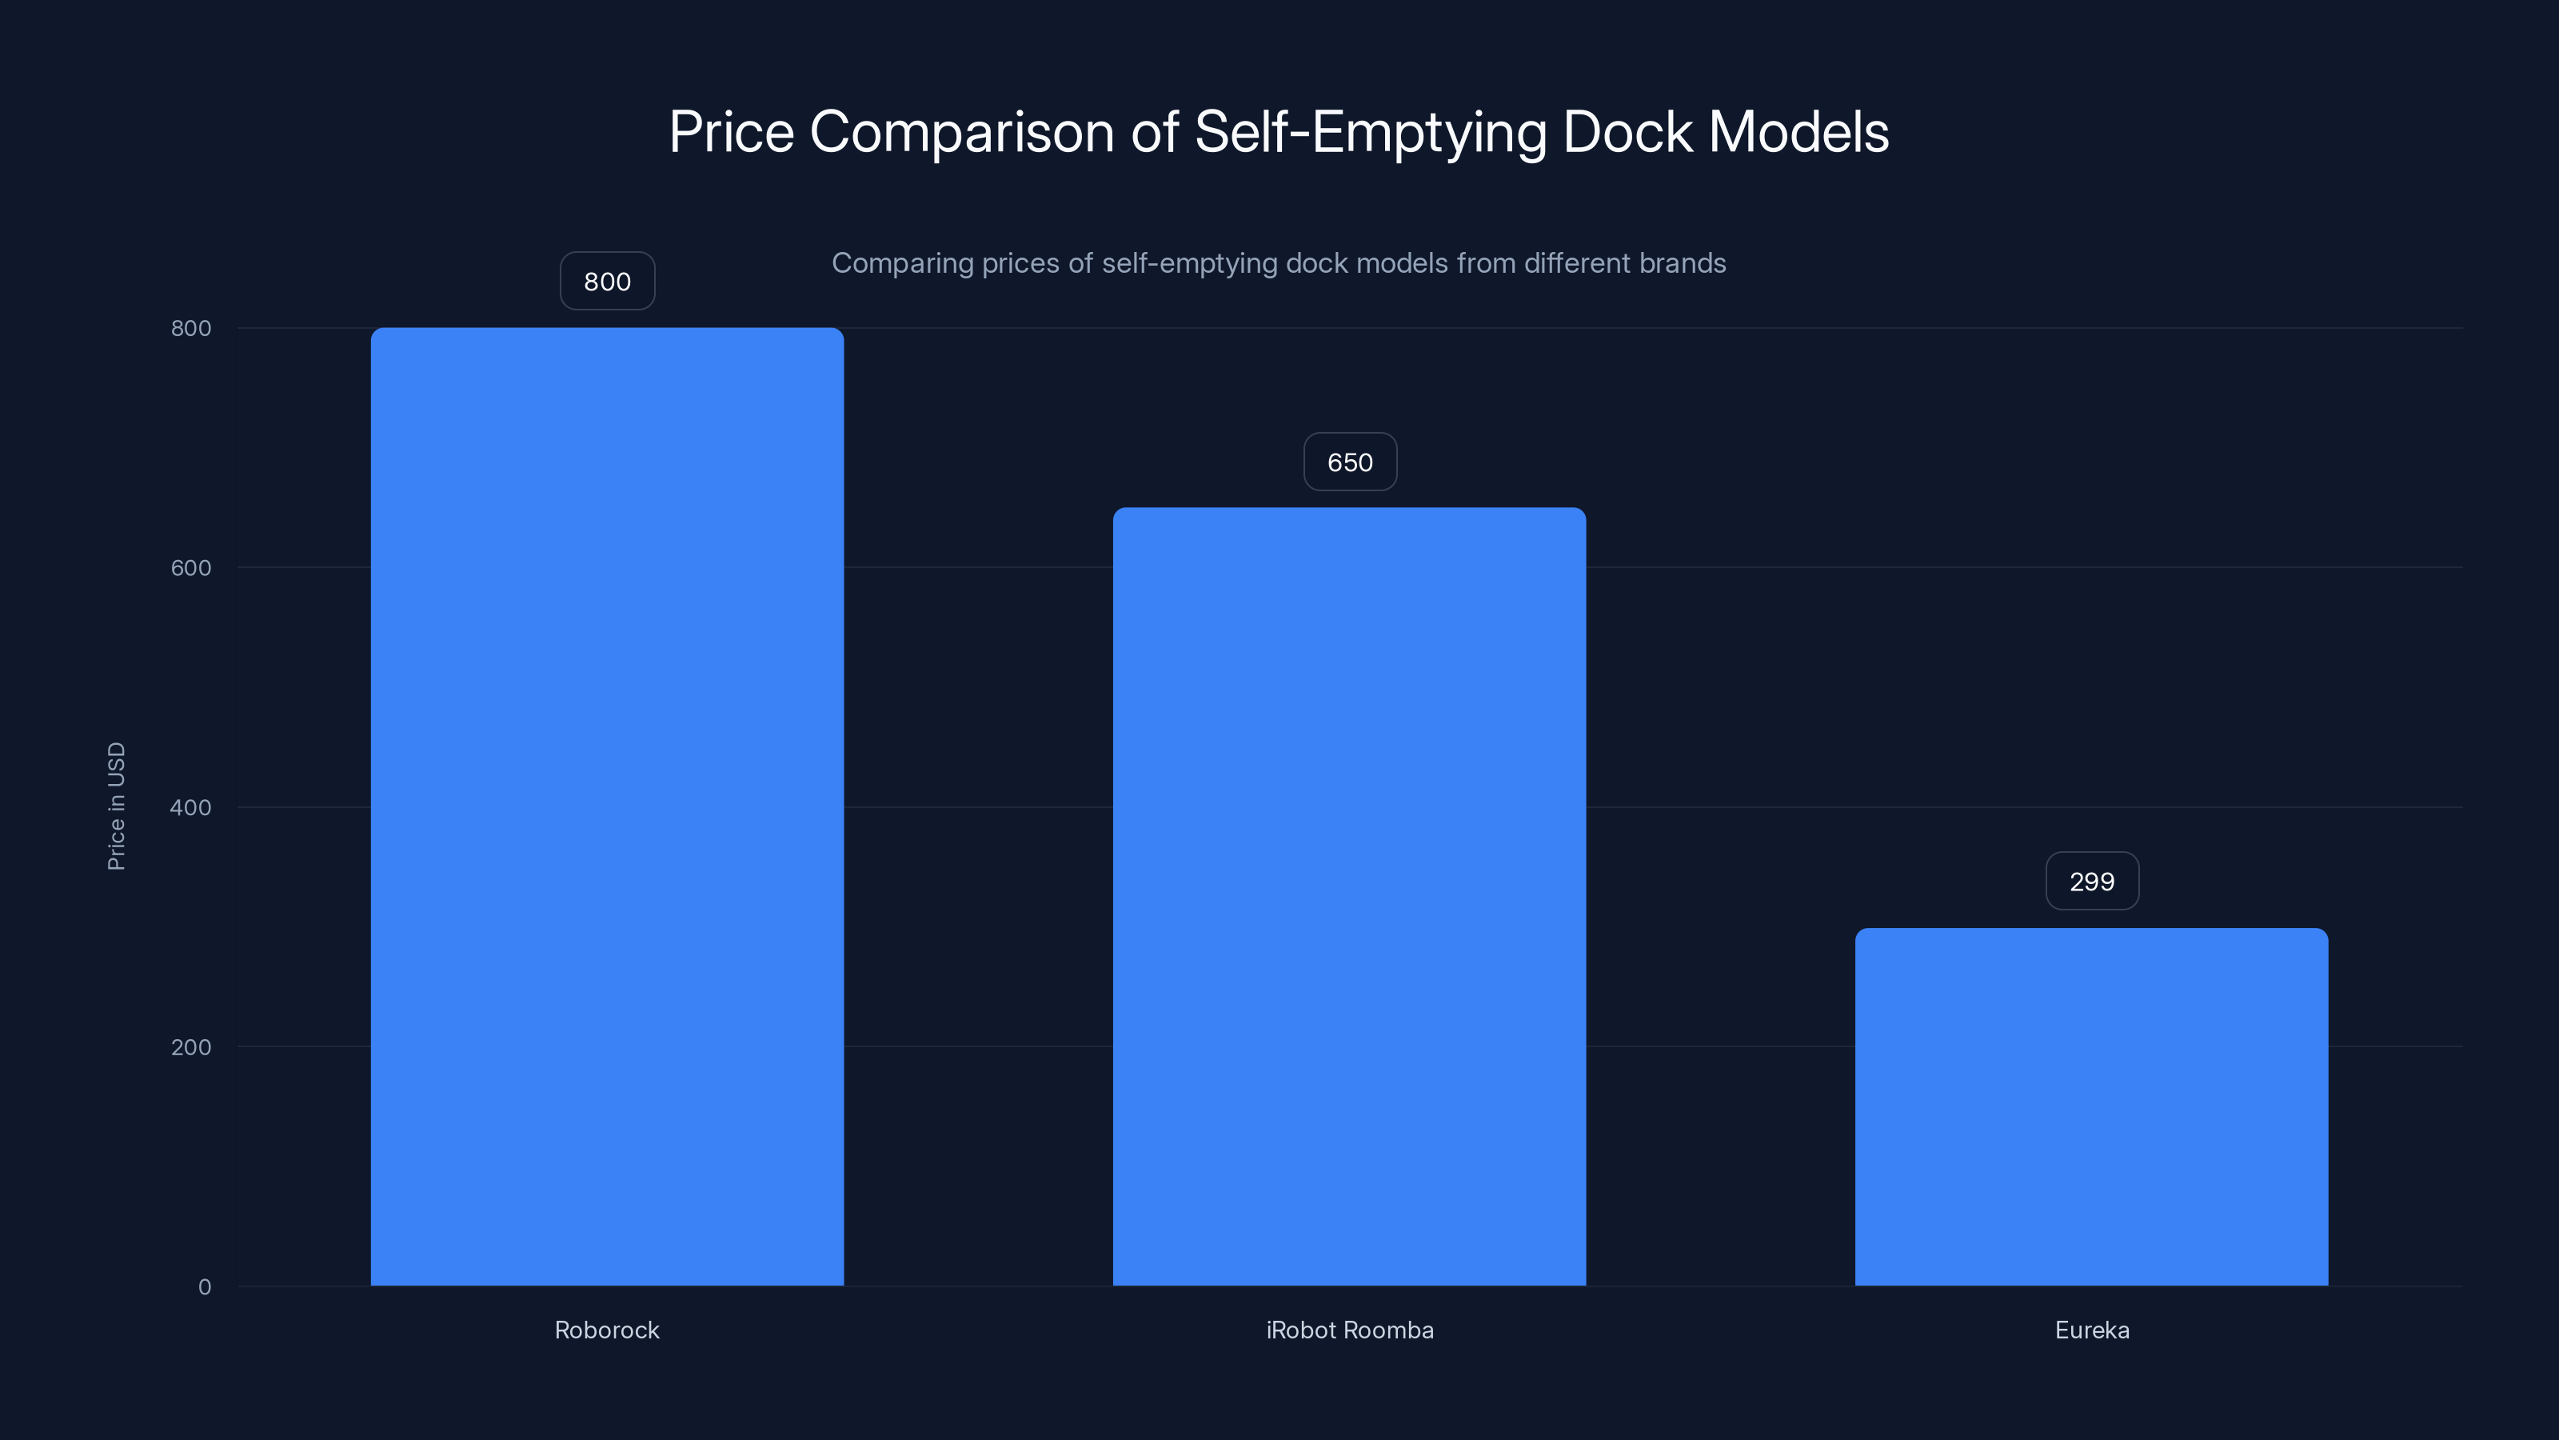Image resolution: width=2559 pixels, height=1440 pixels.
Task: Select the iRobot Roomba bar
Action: click(1349, 896)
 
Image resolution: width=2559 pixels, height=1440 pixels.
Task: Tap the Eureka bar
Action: click(2091, 1106)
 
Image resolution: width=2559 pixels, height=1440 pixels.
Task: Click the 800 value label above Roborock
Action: click(607, 282)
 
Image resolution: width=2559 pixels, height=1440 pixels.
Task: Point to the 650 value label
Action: click(1350, 462)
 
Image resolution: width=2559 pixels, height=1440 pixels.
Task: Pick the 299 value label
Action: click(2092, 882)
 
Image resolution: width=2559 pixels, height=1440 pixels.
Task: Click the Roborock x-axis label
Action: click(607, 1330)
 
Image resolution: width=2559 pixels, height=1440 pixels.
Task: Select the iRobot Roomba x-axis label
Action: click(1350, 1330)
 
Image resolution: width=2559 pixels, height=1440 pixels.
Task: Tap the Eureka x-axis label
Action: click(2092, 1330)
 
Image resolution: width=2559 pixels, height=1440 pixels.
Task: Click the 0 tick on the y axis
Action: click(205, 1287)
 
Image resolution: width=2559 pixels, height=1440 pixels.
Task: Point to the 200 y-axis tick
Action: click(191, 1046)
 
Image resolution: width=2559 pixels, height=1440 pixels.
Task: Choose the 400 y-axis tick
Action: click(191, 807)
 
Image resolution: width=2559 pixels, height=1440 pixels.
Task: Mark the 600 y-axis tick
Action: click(191, 567)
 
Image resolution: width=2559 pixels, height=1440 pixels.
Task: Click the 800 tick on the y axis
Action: click(191, 328)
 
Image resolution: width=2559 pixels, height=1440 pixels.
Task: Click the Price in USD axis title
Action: click(116, 806)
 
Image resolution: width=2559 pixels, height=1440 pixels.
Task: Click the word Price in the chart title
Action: click(731, 132)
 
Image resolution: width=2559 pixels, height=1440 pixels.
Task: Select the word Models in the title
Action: click(1798, 132)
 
